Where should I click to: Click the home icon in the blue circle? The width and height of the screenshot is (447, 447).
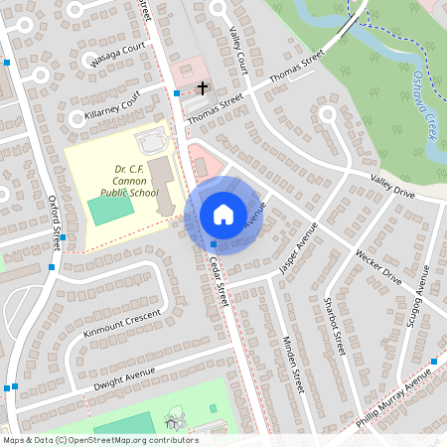(223, 215)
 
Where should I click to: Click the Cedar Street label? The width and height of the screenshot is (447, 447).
(220, 284)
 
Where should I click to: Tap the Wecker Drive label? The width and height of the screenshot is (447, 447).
(378, 268)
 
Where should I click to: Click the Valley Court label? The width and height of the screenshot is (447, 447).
(237, 49)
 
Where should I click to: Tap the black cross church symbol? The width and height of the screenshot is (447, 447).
(203, 87)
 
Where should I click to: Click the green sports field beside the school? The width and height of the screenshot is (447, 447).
(103, 211)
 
